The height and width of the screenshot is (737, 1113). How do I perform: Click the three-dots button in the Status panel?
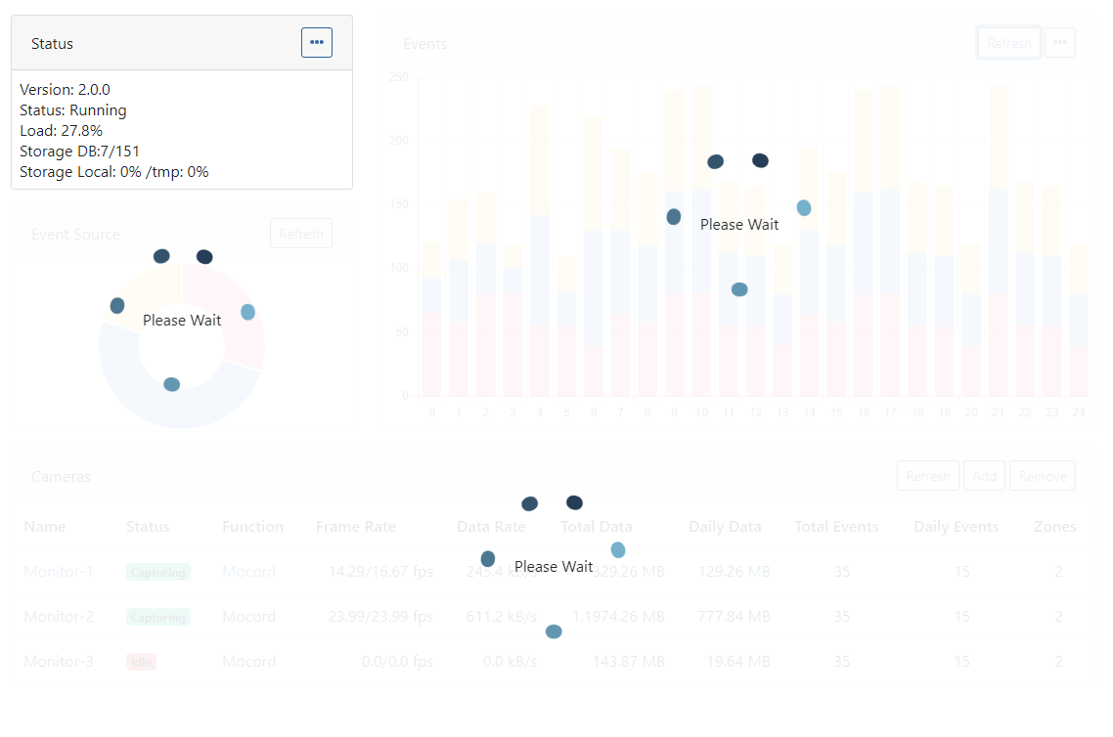(316, 43)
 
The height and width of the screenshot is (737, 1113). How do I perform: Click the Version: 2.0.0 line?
(65, 90)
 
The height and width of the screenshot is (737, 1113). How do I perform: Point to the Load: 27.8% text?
(61, 131)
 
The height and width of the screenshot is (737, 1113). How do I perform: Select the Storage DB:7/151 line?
(79, 152)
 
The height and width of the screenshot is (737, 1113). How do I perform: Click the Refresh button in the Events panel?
(1008, 43)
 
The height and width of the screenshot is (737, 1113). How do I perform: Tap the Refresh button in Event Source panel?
(301, 234)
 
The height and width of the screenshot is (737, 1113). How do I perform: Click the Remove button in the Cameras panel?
(1043, 476)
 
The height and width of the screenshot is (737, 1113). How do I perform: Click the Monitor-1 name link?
(59, 572)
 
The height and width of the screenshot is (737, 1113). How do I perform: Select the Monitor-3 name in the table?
(59, 662)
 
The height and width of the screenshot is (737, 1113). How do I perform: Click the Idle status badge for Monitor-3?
(141, 663)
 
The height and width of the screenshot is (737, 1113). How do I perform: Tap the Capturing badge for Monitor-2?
(157, 618)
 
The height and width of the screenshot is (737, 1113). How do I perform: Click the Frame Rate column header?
(356, 527)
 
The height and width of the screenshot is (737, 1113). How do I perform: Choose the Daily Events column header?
(956, 527)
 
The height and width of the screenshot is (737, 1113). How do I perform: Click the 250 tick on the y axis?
(398, 77)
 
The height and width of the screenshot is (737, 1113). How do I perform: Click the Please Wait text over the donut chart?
(182, 321)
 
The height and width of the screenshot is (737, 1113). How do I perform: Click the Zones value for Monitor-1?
(1058, 572)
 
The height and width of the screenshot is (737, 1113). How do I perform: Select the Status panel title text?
(52, 44)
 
